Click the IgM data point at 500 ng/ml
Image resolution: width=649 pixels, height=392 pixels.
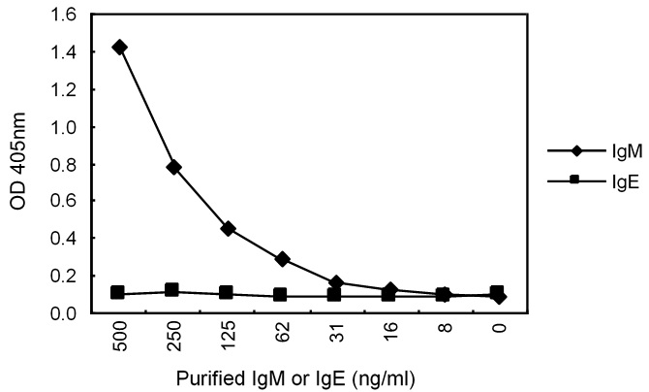click(120, 47)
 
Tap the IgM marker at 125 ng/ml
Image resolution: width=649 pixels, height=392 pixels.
click(228, 229)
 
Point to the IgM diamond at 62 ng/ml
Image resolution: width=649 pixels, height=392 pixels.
click(282, 259)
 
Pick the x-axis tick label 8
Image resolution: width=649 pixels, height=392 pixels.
click(444, 335)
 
